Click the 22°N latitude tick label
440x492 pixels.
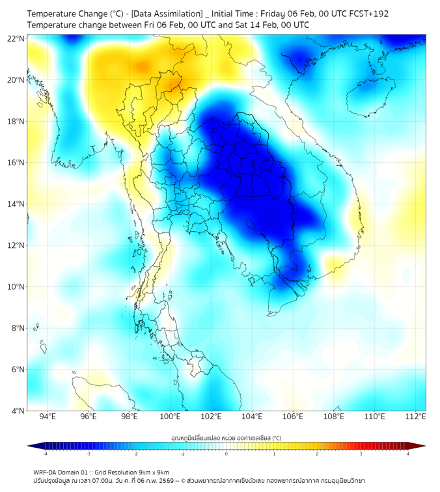point(16,38)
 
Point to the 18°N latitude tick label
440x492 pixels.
point(16,121)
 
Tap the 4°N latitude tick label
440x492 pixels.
point(18,411)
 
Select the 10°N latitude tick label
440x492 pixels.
point(16,286)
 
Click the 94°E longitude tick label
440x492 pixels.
point(48,417)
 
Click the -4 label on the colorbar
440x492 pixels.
point(44,454)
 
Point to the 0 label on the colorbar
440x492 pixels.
point(227,454)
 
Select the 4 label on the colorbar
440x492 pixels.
point(408,454)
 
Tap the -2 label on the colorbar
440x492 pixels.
point(135,454)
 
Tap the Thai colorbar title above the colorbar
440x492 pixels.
point(226,437)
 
